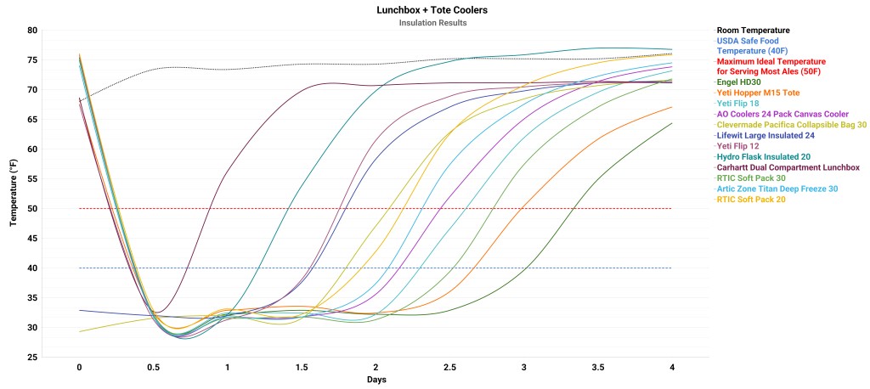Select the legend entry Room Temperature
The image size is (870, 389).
pyautogui.click(x=753, y=31)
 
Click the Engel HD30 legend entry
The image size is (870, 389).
pyautogui.click(x=742, y=83)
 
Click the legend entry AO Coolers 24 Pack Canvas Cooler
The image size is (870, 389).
pyautogui.click(x=782, y=114)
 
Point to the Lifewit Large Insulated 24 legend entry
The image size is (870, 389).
pyautogui.click(x=765, y=134)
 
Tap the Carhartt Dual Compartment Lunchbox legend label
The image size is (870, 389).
pyautogui.click(x=787, y=166)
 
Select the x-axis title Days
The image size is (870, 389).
pyautogui.click(x=376, y=379)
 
